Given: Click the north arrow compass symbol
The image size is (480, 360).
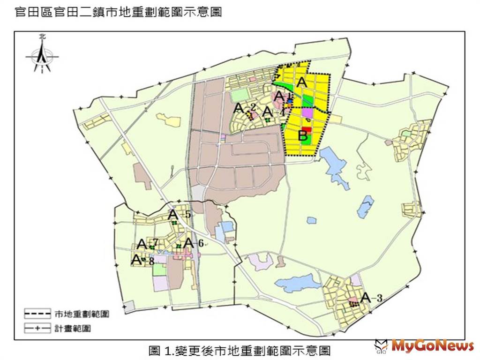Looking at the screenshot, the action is [42, 55].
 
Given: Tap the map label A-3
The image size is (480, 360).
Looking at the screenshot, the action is [372, 297].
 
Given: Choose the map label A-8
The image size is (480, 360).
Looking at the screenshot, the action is [142, 260].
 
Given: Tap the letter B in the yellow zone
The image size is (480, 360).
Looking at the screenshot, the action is [303, 137].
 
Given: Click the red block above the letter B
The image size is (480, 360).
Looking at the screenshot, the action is [306, 130].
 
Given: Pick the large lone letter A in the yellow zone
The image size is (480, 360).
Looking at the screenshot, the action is [302, 82].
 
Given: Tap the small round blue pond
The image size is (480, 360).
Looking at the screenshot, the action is [311, 220].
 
